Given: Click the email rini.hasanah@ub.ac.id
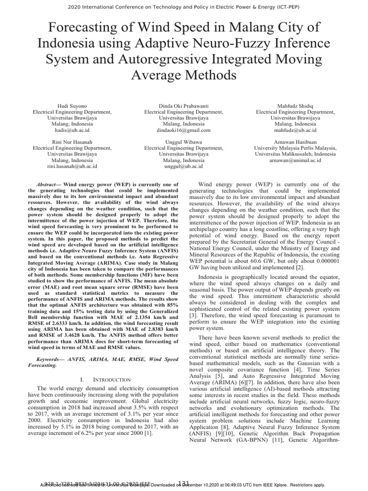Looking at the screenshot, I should (x=72, y=166).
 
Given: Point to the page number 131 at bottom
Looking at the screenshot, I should (x=184, y=483).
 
